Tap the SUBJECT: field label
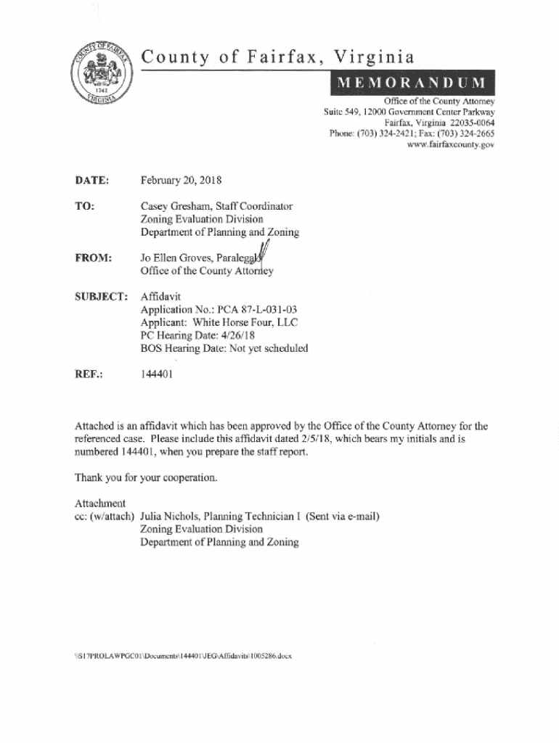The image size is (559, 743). tap(101, 297)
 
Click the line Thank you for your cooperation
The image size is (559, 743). tap(146, 478)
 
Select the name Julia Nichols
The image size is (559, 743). tap(171, 517)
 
